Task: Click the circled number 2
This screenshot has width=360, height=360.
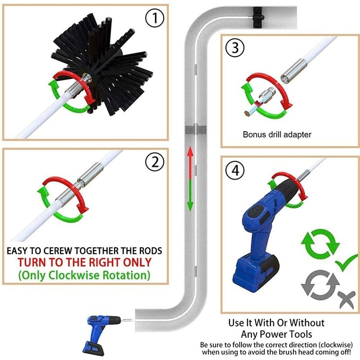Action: pyautogui.click(x=154, y=162)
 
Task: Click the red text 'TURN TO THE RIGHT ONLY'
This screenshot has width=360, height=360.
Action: pyautogui.click(x=84, y=262)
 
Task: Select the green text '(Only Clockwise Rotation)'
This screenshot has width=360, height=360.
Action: pyautogui.click(x=84, y=274)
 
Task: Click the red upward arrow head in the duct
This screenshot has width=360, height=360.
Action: pyautogui.click(x=190, y=152)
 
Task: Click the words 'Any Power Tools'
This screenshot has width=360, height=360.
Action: pyautogui.click(x=276, y=334)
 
